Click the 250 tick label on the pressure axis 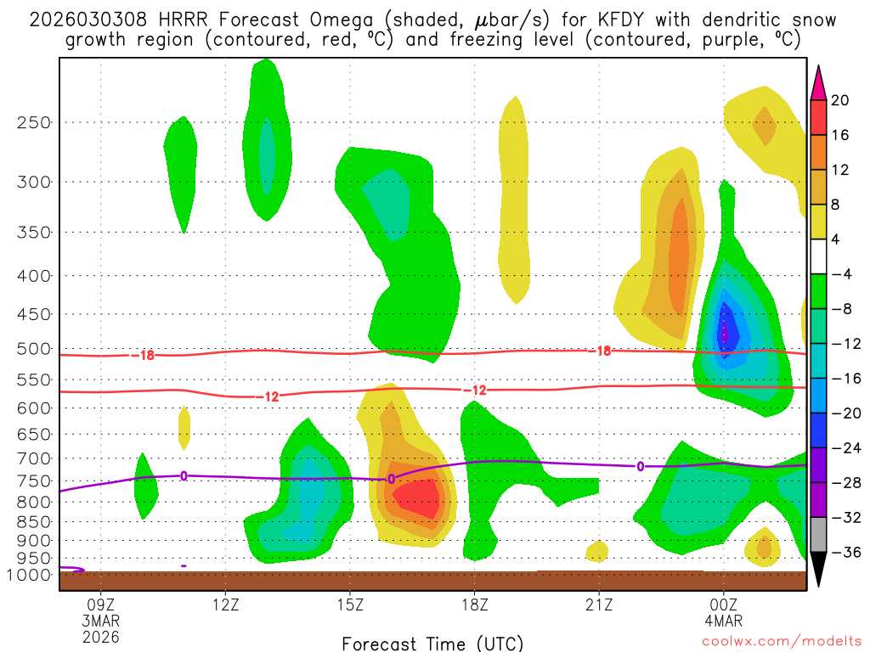coord(35,122)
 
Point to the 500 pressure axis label coord(35,348)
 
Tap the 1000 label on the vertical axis coord(31,575)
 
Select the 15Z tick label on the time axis coord(350,605)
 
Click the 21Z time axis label coord(599,605)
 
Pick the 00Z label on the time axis coord(723,605)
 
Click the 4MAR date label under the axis coord(723,621)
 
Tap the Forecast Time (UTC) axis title coord(432,643)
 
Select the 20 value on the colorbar coord(840,100)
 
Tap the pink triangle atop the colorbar coord(819,82)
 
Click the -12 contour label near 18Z coord(474,390)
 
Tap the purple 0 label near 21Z coord(640,465)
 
